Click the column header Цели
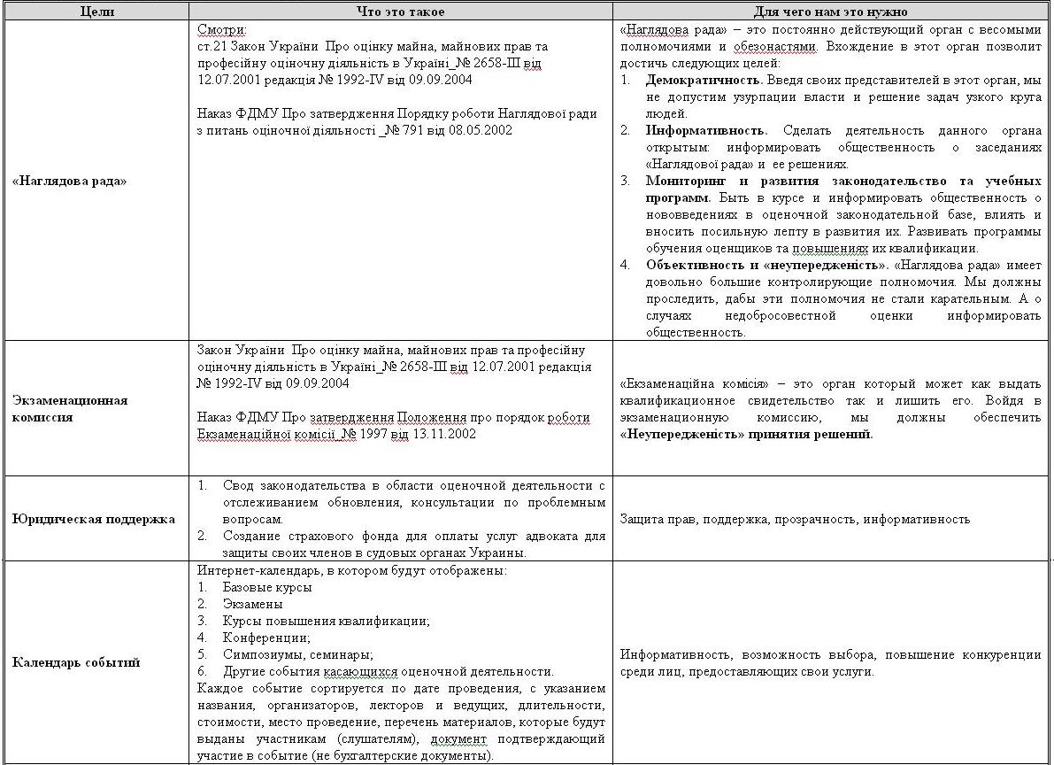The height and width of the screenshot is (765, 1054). (93, 11)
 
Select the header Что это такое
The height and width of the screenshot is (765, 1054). (400, 11)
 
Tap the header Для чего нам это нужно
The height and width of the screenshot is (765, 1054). (832, 11)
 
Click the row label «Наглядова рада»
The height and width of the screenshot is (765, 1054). (70, 181)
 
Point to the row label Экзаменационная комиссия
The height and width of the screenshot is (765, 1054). (70, 408)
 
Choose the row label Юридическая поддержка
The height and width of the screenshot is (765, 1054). (94, 519)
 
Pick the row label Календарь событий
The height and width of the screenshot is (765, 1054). (76, 662)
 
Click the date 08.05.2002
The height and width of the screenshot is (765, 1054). (481, 130)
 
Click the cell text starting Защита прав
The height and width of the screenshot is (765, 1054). (795, 519)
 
